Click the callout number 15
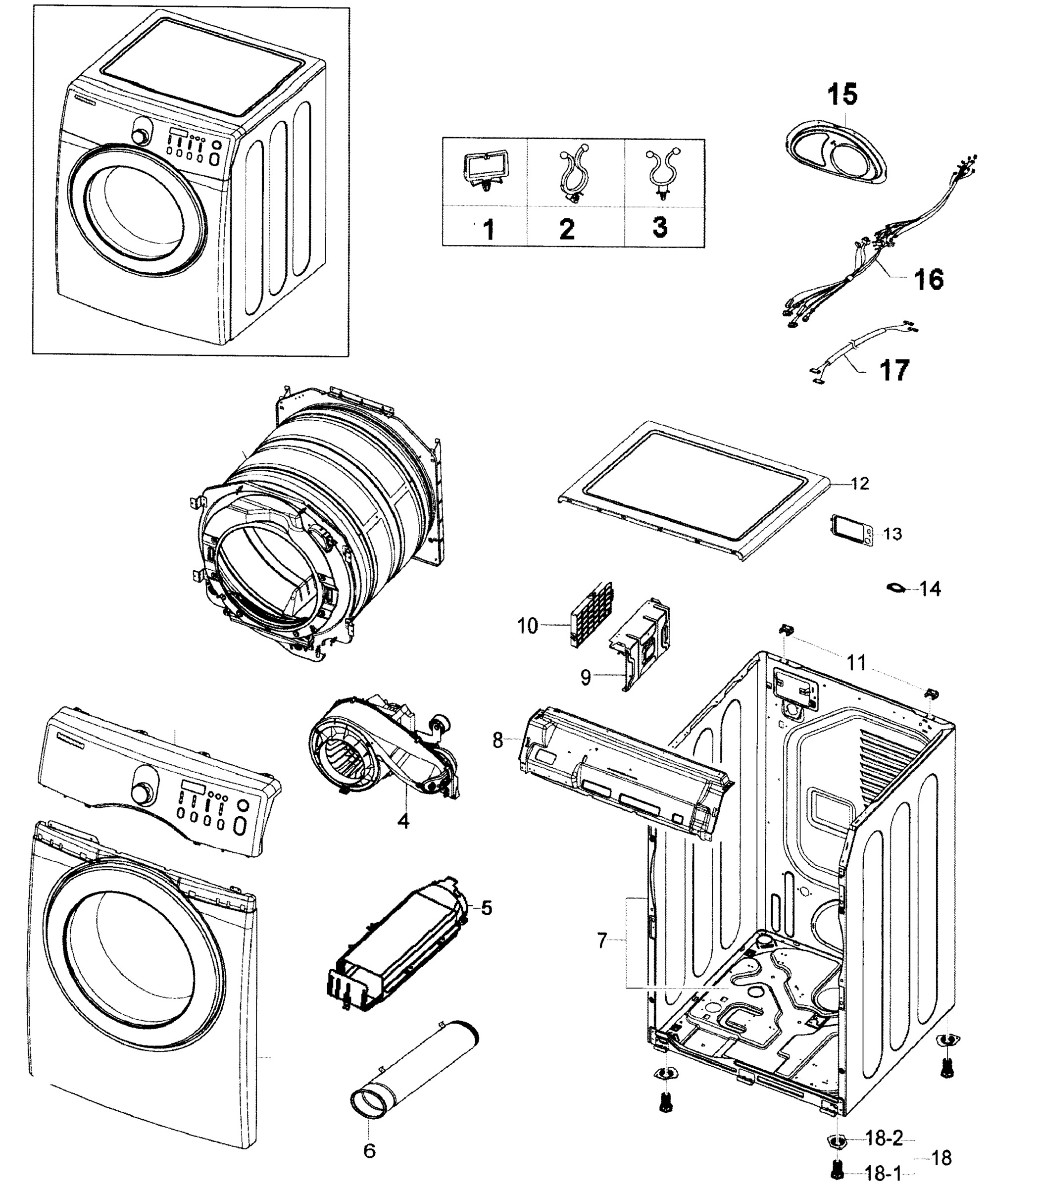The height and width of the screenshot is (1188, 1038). pos(841,95)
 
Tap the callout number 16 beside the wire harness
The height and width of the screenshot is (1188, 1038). pos(928,279)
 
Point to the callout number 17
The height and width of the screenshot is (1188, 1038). pos(894,370)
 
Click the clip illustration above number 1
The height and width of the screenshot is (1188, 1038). pos(486,170)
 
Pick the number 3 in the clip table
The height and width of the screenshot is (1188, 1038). pos(660,227)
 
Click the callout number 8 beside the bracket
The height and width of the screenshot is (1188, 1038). pos(497,740)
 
